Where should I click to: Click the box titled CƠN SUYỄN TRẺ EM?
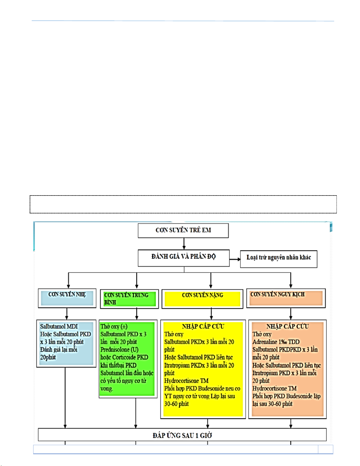183,230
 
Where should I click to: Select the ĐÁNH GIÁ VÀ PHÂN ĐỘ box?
184,257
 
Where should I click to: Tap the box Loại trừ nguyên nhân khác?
278,258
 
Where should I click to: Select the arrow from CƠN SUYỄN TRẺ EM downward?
184,244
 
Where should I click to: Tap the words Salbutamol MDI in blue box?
59,326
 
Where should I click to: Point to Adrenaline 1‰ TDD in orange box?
276,342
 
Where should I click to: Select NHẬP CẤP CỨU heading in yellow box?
203,326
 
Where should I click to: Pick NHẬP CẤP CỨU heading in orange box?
287,326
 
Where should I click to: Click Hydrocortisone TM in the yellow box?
186,381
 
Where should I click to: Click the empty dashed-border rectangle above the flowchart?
183,204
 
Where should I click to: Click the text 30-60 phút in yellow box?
176,404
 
